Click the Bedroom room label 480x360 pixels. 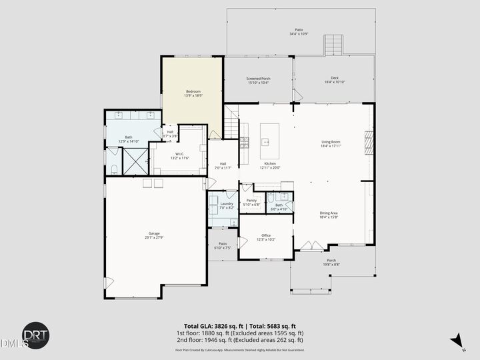point(193,93)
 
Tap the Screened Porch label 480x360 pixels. point(257,81)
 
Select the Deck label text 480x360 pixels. point(334,80)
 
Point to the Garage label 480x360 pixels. point(154,236)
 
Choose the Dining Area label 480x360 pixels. point(329,215)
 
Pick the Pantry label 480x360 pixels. point(251,202)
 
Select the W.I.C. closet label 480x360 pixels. point(179,156)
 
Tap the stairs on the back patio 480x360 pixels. point(333,45)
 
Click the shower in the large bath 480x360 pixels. point(135,161)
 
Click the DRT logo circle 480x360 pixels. point(35,335)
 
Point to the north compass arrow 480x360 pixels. point(457,341)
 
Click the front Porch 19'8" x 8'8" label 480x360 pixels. point(331,262)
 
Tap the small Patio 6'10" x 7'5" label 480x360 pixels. point(222,245)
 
